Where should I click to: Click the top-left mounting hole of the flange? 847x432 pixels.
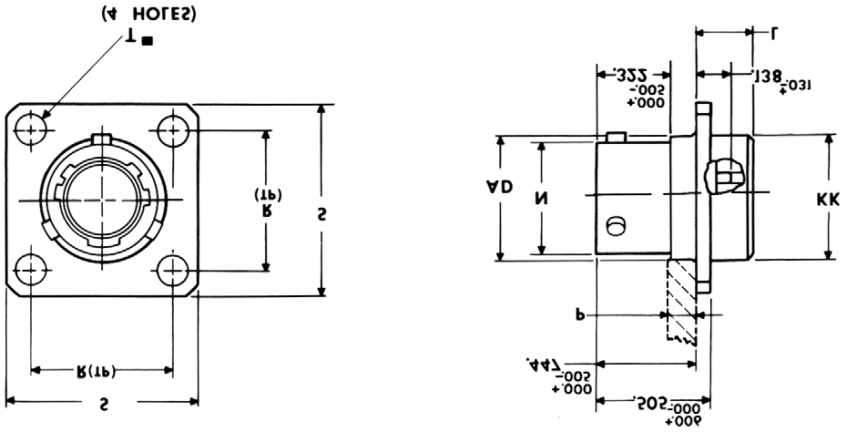pyautogui.click(x=34, y=129)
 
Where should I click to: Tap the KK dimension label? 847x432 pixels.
pyautogui.click(x=828, y=198)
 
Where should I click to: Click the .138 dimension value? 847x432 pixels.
pyautogui.click(x=767, y=78)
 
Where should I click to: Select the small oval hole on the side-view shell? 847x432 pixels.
pyautogui.click(x=616, y=224)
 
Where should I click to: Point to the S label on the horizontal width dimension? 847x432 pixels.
pyautogui.click(x=103, y=401)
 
